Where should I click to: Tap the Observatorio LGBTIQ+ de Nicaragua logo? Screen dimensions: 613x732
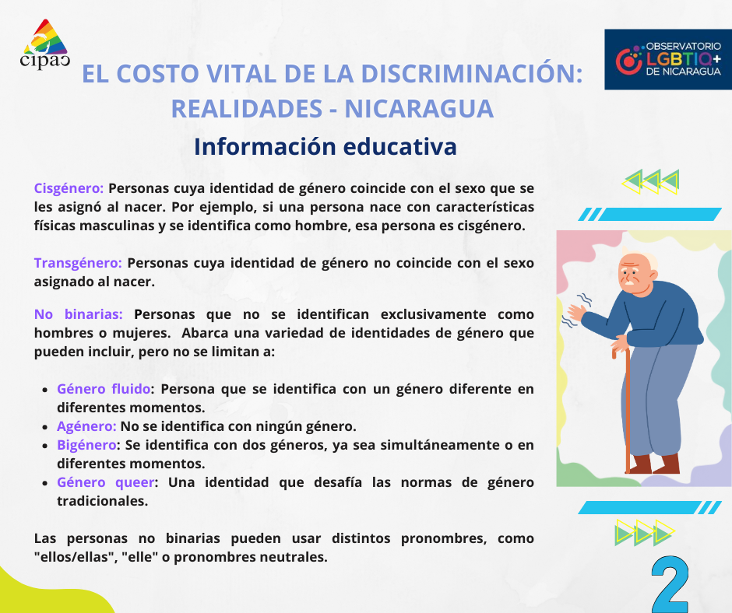(668, 59)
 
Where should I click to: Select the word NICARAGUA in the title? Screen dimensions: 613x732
(419, 109)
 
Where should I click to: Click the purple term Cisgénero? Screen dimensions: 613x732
(69, 188)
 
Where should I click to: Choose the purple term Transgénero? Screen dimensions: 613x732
(78, 263)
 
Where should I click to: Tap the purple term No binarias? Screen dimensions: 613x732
(79, 314)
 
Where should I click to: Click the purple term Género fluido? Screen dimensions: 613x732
(103, 389)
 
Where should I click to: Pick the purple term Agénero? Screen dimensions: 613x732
(86, 426)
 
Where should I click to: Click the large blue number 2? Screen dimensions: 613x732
(670, 585)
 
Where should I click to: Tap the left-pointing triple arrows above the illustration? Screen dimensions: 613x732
(651, 182)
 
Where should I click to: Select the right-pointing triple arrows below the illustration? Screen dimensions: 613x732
(643, 533)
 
